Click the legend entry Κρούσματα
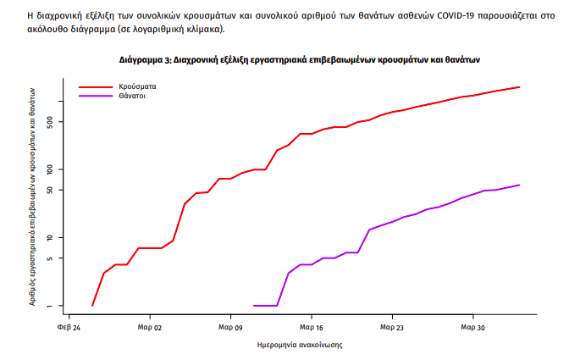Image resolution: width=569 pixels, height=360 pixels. tap(137, 86)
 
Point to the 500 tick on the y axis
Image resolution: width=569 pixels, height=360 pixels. tap(50, 122)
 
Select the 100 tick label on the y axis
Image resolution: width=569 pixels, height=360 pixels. tap(50, 169)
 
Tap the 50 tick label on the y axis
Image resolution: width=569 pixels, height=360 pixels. tap(50, 190)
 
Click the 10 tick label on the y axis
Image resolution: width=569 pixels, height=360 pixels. tap(50, 237)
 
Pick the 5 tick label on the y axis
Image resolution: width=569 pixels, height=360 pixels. tap(50, 258)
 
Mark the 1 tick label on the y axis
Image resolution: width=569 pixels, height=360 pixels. tap(50, 306)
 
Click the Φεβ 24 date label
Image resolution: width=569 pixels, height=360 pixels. tap(69, 326)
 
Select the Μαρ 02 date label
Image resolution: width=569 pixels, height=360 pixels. tap(150, 326)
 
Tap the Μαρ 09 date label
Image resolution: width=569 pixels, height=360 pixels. tap(231, 326)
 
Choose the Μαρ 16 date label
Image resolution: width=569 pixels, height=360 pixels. tap(312, 326)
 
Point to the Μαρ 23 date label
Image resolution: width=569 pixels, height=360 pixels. tap(392, 326)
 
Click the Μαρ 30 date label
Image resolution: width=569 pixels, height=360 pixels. tap(472, 326)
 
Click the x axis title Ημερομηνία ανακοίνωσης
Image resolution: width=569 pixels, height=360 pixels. tap(300, 346)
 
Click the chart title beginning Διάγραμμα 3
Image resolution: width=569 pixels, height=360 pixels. tap(300, 60)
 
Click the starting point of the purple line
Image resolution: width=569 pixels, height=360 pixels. tap(254, 306)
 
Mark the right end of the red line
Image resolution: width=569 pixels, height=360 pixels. tap(519, 87)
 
